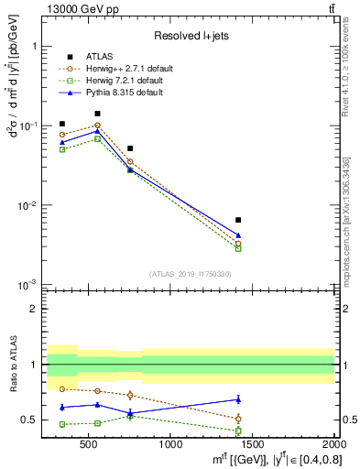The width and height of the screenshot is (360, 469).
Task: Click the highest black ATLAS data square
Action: (97, 114)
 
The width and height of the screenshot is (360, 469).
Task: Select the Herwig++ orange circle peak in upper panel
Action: (97, 125)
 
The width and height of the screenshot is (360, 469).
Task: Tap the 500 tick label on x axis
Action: (88, 444)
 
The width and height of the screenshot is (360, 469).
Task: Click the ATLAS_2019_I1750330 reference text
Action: (191, 274)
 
